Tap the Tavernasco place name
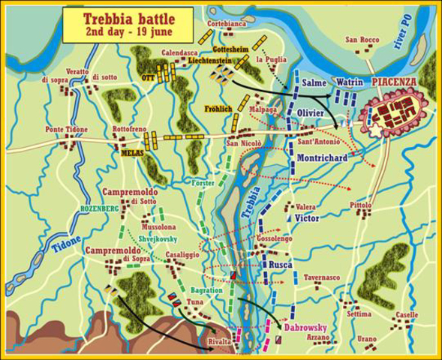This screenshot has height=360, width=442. click(x=323, y=277)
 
